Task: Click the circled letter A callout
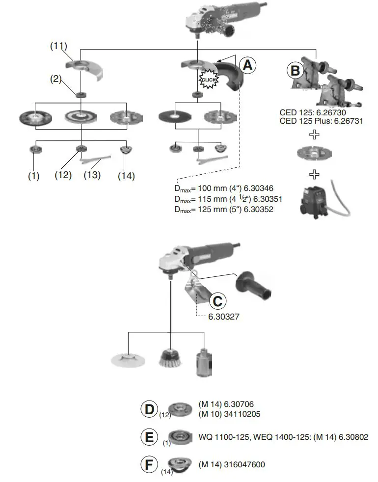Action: point(248,64)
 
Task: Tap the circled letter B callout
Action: point(295,71)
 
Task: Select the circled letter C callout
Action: point(219,300)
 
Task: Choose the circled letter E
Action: point(150,437)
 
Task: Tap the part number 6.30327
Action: point(224,317)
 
